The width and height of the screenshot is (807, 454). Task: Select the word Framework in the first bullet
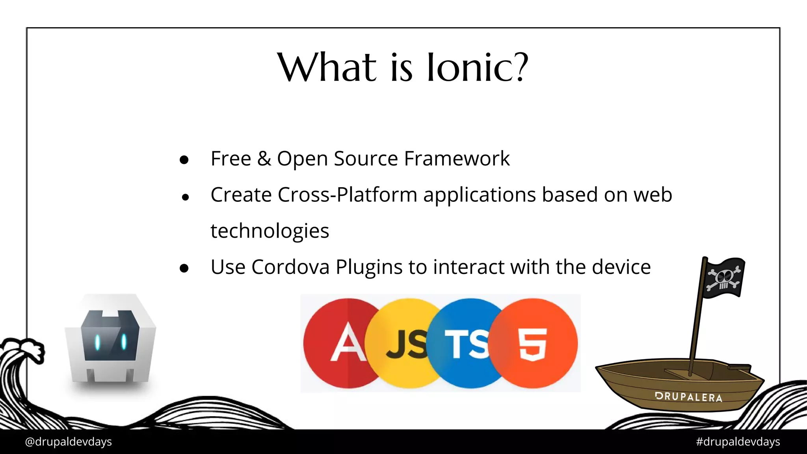tap(457, 158)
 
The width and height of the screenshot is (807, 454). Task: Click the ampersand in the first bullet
tap(264, 158)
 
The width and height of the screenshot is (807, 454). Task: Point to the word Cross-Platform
tap(347, 195)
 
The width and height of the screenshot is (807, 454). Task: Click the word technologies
tap(270, 231)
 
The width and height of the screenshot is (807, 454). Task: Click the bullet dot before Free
tap(184, 160)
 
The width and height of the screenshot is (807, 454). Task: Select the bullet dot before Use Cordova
tap(184, 269)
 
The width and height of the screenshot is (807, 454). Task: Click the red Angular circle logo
tap(339, 343)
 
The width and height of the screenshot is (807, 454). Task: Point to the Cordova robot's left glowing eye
tap(97, 342)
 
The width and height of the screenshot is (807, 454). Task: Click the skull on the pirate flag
tap(724, 277)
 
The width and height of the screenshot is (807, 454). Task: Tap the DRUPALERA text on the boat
tap(688, 397)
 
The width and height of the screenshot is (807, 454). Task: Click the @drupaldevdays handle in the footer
tap(68, 442)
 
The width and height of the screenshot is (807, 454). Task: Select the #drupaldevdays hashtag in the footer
tap(738, 442)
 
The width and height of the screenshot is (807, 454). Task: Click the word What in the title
tap(327, 68)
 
